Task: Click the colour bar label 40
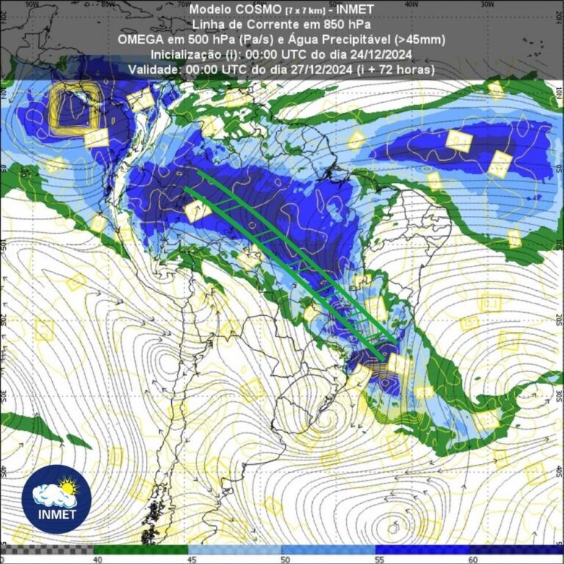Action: [x=95, y=559]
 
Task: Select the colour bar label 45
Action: [x=189, y=559]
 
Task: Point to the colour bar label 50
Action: [x=283, y=559]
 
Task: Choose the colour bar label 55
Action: [x=376, y=559]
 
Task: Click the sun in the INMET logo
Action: [x=67, y=486]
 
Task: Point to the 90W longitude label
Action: [x=32, y=4]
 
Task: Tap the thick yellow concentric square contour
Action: [x=73, y=108]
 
